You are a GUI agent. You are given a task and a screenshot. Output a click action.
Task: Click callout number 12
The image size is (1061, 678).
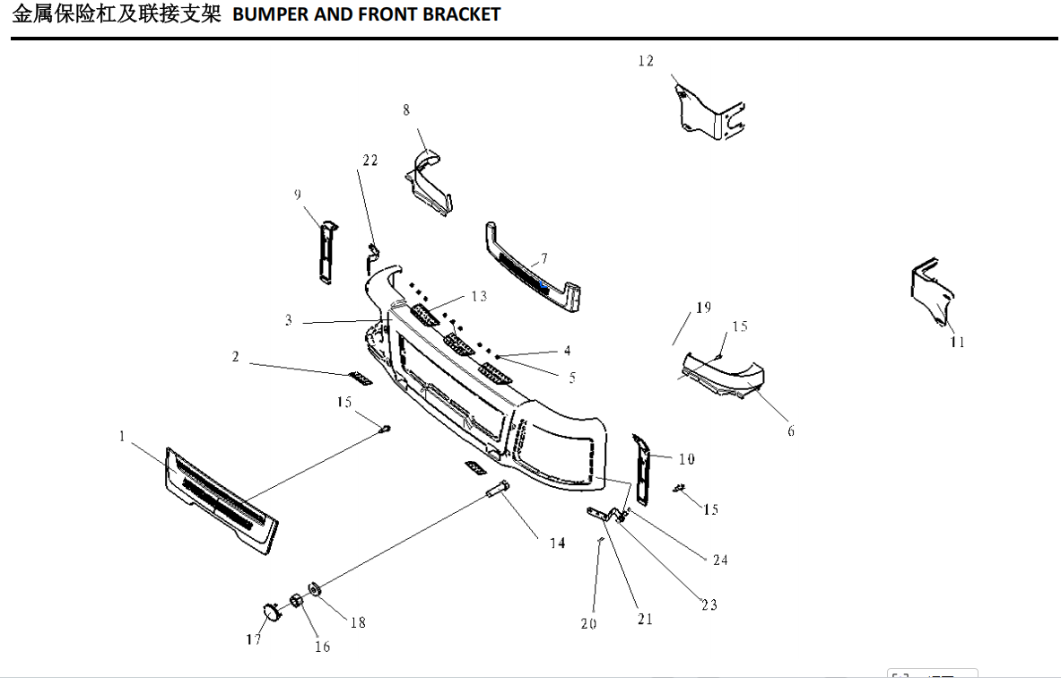[646, 61]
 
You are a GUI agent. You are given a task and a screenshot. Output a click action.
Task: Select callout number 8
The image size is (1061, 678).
[406, 109]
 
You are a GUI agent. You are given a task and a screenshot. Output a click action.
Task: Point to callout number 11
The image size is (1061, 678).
[958, 342]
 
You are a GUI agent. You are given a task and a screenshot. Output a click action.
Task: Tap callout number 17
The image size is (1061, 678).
[254, 639]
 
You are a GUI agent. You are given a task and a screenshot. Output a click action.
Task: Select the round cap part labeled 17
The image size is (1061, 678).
[269, 612]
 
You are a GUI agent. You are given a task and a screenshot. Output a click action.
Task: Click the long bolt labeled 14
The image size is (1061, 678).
[498, 491]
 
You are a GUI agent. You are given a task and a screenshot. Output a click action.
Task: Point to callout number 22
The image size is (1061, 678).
[370, 161]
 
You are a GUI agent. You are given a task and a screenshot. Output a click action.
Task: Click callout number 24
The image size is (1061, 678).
[720, 560]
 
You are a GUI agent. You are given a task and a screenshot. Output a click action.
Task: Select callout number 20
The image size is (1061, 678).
[588, 624]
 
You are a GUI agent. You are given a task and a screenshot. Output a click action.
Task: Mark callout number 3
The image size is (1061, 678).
[289, 320]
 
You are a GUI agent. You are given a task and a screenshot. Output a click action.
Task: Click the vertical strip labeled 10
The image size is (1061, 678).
[643, 465]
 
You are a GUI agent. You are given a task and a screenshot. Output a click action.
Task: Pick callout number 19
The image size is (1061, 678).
[703, 308]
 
